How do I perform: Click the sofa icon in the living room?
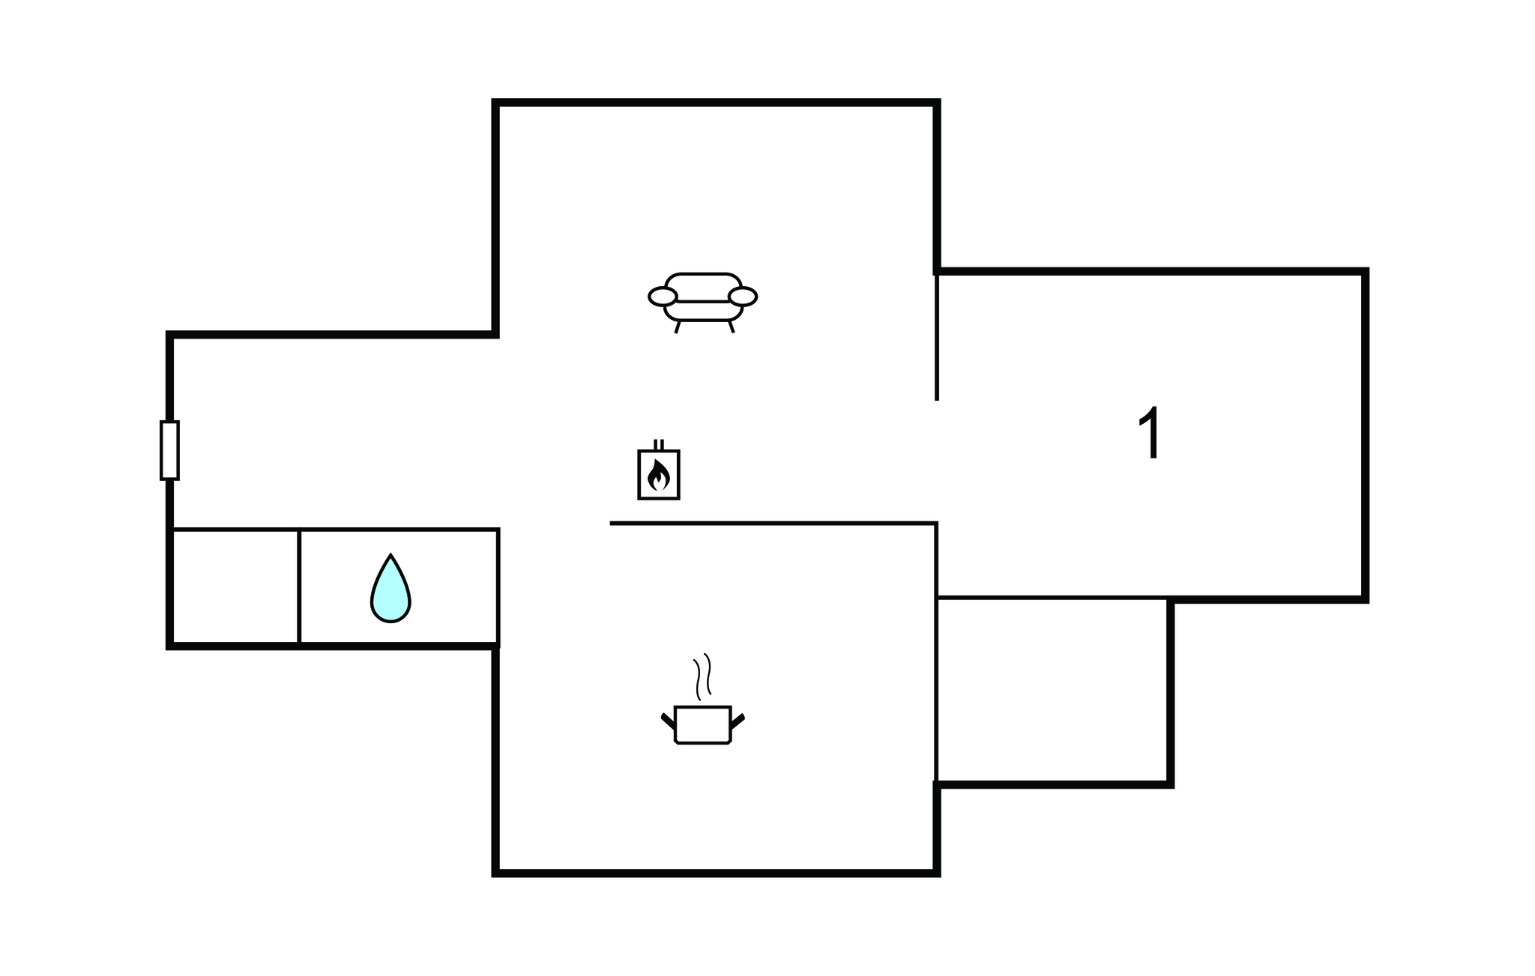[x=702, y=302]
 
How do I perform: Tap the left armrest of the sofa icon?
[x=663, y=297]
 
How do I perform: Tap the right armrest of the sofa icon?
[x=743, y=297]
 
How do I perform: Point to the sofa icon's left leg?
[x=678, y=327]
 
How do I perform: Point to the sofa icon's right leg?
[x=731, y=327]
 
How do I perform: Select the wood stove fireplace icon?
[x=659, y=470]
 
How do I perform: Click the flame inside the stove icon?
[x=659, y=475]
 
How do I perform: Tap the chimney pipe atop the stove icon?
[x=659, y=444]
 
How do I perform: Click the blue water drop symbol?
[x=390, y=589]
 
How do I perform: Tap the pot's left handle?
[x=668, y=721]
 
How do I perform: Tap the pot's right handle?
[x=737, y=721]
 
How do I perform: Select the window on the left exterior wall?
[x=169, y=450]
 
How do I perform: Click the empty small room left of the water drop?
[x=235, y=586]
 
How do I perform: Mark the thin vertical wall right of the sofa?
[x=937, y=336]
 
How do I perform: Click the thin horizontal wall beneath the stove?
[x=773, y=523]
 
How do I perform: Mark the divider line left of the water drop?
[x=299, y=586]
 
